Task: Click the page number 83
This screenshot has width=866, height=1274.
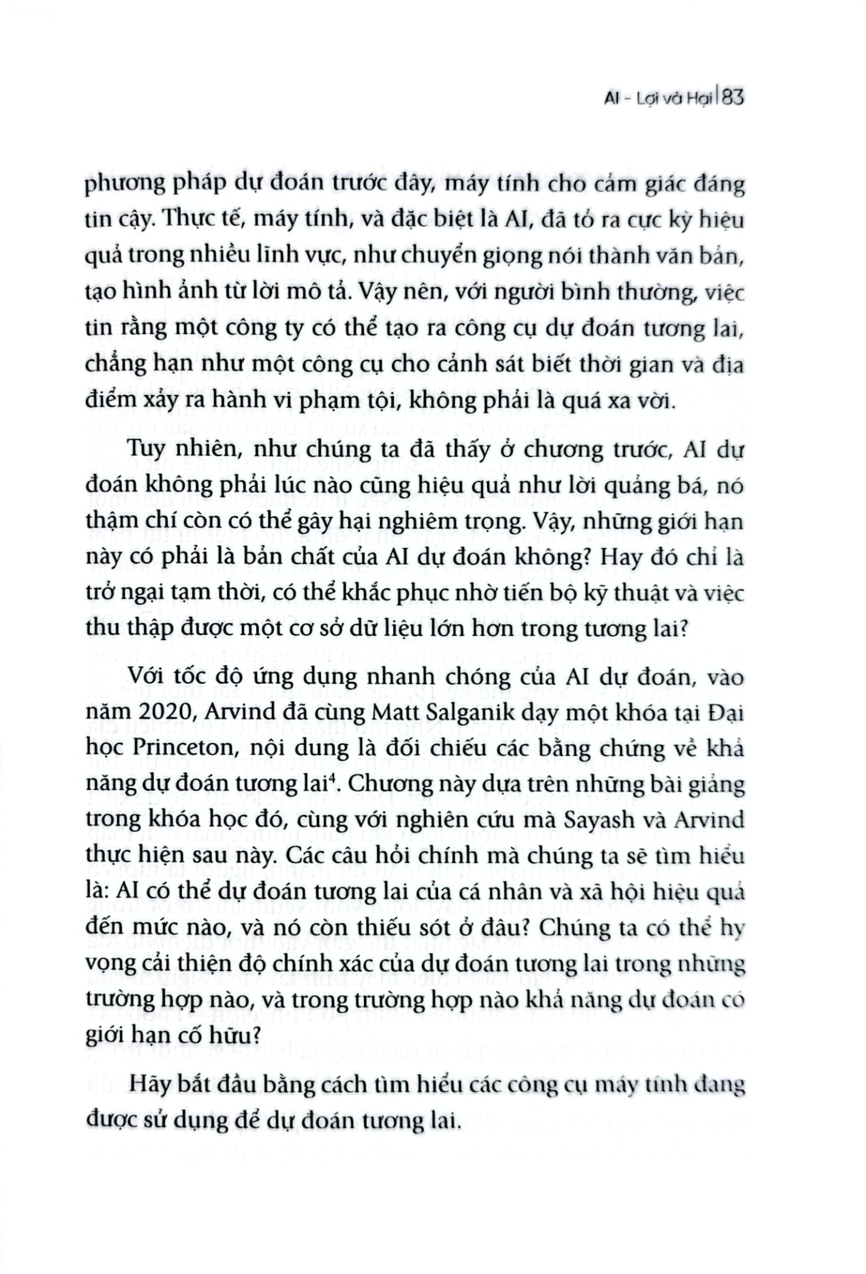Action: coord(733,99)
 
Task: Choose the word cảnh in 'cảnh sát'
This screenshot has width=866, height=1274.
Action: coord(442,365)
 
